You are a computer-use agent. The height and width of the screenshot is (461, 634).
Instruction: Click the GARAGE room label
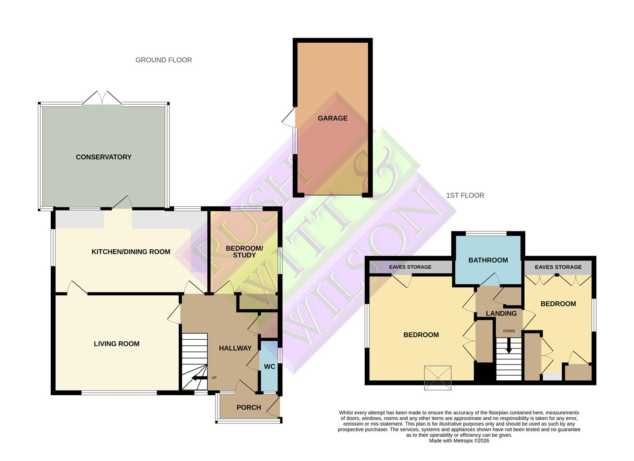click(332, 118)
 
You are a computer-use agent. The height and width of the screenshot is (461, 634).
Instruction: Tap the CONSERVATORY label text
click(104, 157)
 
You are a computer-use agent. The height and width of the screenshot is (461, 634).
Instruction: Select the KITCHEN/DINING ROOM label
click(131, 252)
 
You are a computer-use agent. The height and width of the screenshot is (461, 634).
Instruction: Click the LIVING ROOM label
click(116, 344)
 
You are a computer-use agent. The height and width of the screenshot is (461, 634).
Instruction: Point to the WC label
click(270, 367)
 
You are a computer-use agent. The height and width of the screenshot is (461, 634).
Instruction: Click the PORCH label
click(249, 408)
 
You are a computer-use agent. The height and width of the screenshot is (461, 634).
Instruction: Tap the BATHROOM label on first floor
click(488, 260)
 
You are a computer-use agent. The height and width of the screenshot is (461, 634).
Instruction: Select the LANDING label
click(501, 313)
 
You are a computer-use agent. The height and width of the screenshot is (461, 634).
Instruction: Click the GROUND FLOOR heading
click(163, 60)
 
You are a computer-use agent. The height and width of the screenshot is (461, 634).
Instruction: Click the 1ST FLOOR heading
click(465, 195)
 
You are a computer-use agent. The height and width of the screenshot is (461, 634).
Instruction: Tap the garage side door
click(289, 117)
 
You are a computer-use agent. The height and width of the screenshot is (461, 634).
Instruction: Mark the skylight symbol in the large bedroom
click(438, 377)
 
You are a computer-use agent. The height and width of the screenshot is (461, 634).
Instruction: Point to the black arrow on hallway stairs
click(198, 377)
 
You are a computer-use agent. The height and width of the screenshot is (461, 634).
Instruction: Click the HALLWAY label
click(235, 348)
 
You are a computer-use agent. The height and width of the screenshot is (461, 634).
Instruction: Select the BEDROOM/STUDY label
click(244, 252)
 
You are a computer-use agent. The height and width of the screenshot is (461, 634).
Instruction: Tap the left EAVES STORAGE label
click(410, 267)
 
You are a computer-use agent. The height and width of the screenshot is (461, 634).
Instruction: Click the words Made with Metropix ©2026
click(459, 441)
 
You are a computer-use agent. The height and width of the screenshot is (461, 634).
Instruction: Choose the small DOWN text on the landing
click(509, 331)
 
